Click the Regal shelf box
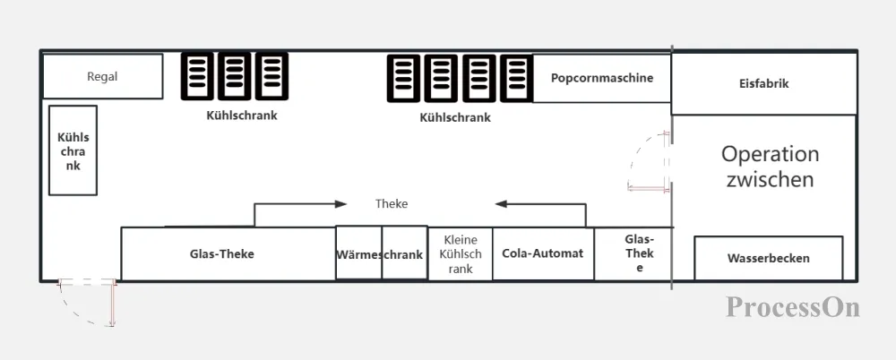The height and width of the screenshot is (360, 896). pyautogui.click(x=103, y=76)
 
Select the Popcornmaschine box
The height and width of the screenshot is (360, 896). pyautogui.click(x=602, y=78)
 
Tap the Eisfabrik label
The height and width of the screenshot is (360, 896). pyautogui.click(x=764, y=83)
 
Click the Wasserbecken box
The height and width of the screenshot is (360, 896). pyautogui.click(x=769, y=258)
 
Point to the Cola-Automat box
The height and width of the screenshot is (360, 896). pyautogui.click(x=544, y=253)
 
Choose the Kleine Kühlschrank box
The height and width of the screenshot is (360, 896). pyautogui.click(x=460, y=253)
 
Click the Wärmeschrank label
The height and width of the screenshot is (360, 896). pyautogui.click(x=380, y=255)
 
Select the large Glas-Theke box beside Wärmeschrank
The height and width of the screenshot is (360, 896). pyautogui.click(x=228, y=253)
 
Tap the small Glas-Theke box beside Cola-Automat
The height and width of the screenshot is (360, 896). pyautogui.click(x=633, y=253)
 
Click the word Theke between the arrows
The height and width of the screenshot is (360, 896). pyautogui.click(x=392, y=203)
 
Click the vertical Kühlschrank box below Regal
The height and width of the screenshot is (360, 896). pyautogui.click(x=73, y=150)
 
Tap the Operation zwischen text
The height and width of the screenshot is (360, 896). pyautogui.click(x=770, y=167)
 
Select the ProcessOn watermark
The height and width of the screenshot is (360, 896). pyautogui.click(x=793, y=307)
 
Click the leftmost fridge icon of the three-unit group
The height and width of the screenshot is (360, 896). pyautogui.click(x=197, y=76)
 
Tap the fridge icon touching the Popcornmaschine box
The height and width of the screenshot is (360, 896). pyautogui.click(x=517, y=78)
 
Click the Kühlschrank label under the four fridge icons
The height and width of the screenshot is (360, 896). pyautogui.click(x=455, y=117)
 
